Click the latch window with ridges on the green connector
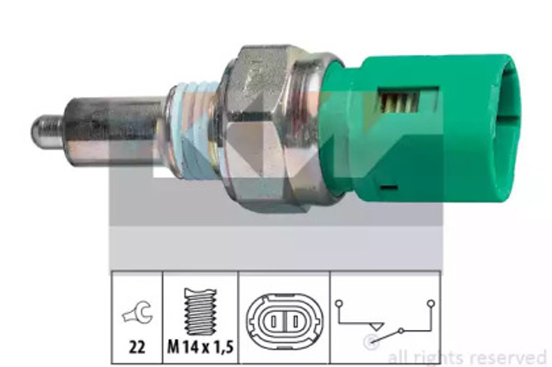click(400, 103)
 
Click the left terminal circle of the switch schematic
click(341, 302)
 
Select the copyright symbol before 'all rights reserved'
click(371, 344)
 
